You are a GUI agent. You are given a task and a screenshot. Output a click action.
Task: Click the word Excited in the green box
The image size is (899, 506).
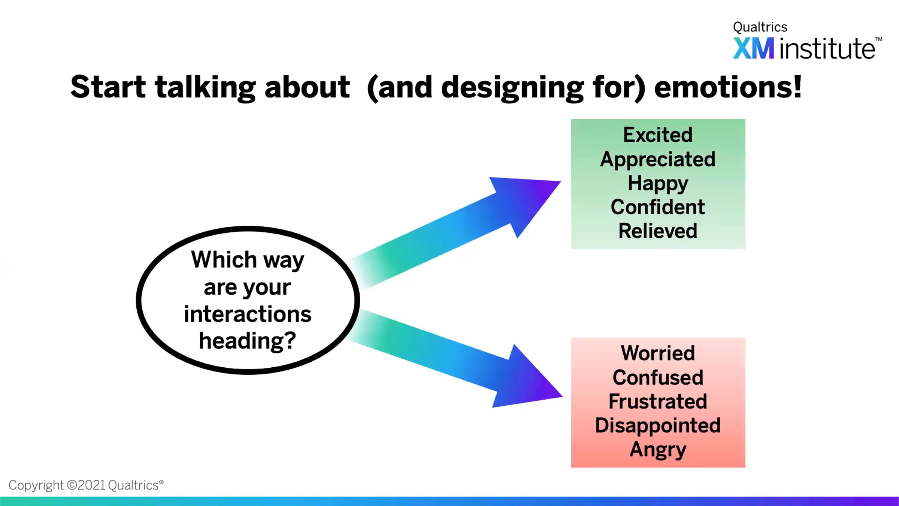coord(658,135)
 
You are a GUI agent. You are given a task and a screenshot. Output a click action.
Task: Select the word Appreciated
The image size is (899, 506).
coord(658,160)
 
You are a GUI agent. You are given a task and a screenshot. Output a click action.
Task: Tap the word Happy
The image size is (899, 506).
coord(658,184)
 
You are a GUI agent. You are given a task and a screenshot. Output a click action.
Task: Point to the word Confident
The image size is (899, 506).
coord(658,207)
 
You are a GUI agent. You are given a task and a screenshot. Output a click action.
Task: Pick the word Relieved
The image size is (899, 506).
coord(658,231)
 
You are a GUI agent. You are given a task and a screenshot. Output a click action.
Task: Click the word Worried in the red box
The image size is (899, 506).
coord(658,353)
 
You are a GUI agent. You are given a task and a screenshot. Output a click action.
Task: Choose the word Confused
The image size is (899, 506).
coord(658,377)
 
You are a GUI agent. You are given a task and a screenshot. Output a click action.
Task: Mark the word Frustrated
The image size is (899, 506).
coord(658,401)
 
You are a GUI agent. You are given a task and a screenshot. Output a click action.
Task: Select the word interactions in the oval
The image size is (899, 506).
coord(247,314)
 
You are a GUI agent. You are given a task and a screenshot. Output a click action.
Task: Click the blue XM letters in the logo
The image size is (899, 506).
coord(753,49)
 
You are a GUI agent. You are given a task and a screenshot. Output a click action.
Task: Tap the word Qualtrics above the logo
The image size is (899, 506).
coord(760,27)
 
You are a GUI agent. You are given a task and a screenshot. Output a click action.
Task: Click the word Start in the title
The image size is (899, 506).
coord(108,87)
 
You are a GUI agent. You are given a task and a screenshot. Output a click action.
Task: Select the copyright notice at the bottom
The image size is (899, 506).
coord(86,485)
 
